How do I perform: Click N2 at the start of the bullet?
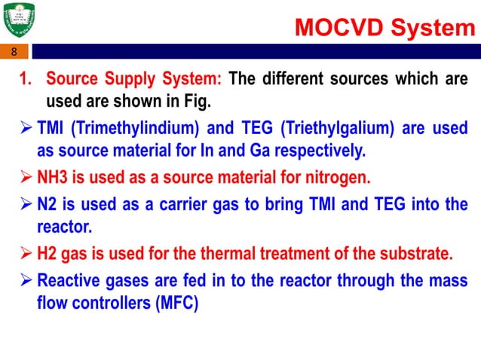[x=48, y=206]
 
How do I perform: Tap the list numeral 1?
[x=24, y=79]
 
